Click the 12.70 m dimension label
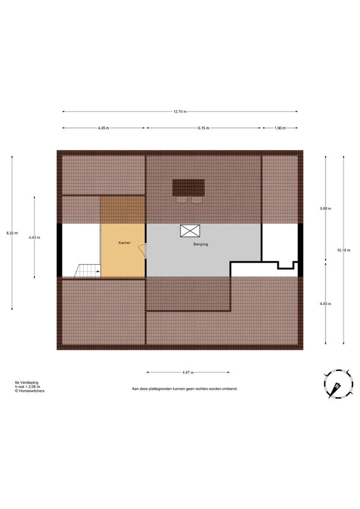coord(180,112)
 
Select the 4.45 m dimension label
coord(103,128)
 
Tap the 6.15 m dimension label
coord(204,128)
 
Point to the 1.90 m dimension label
coord(280,128)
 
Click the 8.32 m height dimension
coord(12,233)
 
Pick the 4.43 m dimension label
coord(34,237)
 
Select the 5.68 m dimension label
coord(326,209)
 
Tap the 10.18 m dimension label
coord(343,250)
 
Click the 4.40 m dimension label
coord(326,304)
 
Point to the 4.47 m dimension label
coord(188,372)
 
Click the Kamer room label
coord(125,242)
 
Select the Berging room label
coord(200,244)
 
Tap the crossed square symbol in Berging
coord(190,231)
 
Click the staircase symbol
coord(88,271)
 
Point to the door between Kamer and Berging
coord(143,251)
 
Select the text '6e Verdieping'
coord(26,382)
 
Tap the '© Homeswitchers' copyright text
coord(29,391)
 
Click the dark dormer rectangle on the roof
coord(189,188)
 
